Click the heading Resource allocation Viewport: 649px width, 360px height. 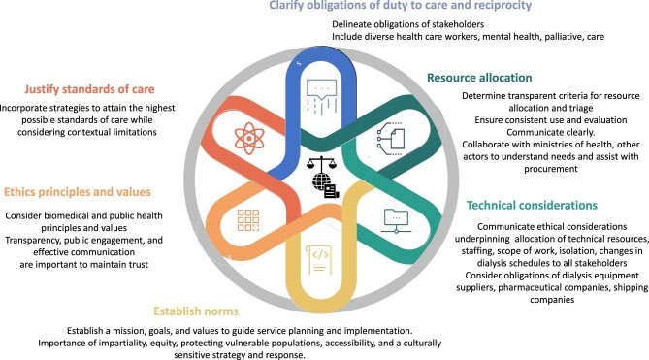tap(479, 78)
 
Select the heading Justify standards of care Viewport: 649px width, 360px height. tap(89, 89)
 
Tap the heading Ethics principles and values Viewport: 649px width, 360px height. tap(78, 192)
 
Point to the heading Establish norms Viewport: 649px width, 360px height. tap(196, 311)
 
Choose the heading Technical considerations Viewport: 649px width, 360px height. tap(532, 206)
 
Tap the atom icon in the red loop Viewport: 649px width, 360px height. tap(249, 138)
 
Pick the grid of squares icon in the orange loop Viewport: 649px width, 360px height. tap(248, 219)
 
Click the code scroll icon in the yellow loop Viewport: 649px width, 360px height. tap(318, 259)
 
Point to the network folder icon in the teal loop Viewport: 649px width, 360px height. tap(396, 221)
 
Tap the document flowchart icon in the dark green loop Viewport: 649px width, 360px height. tap(391, 138)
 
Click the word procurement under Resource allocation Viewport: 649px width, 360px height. tap(550, 169)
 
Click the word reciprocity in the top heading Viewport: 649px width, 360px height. tap(500, 6)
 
